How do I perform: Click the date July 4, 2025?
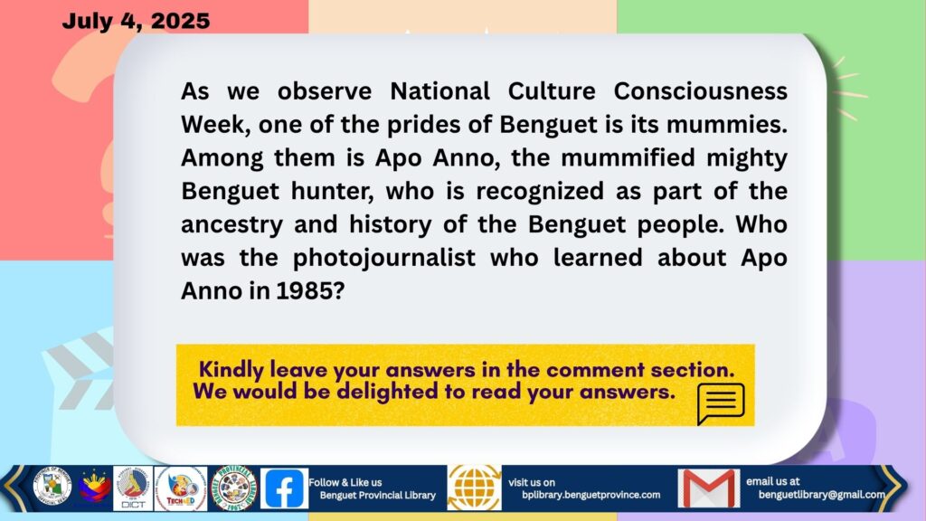click(x=136, y=21)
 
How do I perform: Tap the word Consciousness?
click(x=701, y=91)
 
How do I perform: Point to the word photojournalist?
click(x=383, y=258)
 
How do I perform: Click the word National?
click(x=440, y=91)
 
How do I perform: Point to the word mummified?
click(x=628, y=157)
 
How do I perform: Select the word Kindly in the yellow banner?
click(x=231, y=370)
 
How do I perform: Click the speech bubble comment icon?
click(x=721, y=403)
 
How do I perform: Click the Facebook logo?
click(x=284, y=488)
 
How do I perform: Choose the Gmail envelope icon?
click(x=709, y=488)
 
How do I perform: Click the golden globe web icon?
click(x=474, y=488)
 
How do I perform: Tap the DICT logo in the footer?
click(x=133, y=488)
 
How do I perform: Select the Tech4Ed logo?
click(x=181, y=488)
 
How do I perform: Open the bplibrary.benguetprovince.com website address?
click(x=591, y=495)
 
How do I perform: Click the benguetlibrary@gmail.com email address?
click(x=821, y=495)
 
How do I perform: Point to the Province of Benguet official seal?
click(x=52, y=488)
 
